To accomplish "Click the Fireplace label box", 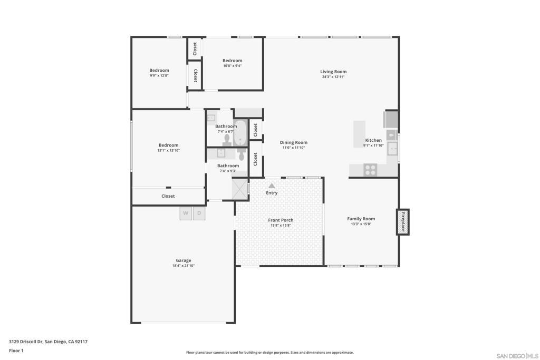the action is tap(402, 222).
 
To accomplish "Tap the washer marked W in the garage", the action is tap(186, 213).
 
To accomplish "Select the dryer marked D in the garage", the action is tap(199, 213).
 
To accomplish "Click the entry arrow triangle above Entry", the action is tap(272, 186).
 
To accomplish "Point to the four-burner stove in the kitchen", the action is tap(370, 170).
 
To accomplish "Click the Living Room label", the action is tap(333, 72).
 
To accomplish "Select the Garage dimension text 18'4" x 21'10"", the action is tap(184, 266).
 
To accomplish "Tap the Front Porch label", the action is tap(281, 220).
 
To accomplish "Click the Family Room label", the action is tap(361, 219).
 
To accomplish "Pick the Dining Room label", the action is tap(293, 142).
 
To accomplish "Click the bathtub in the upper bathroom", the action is tap(240, 132).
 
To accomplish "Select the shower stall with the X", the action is tap(240, 188).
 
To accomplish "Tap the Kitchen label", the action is tap(373, 140).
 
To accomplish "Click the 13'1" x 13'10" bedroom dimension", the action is tap(169, 150).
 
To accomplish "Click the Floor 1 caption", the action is tap(16, 351).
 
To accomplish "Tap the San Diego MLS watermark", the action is tap(517, 356).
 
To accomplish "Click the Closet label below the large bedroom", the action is tap(168, 196).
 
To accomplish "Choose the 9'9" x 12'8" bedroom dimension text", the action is tap(159, 75).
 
